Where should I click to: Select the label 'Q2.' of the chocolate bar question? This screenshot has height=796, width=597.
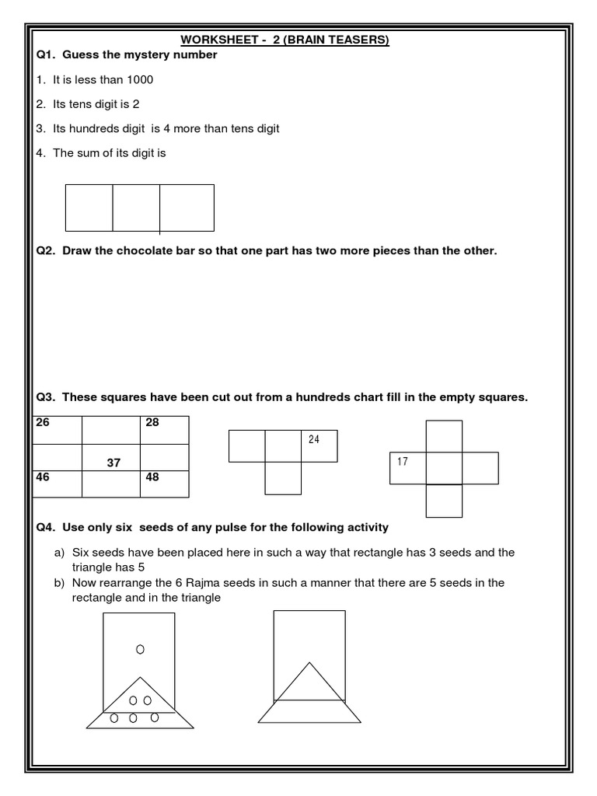pyautogui.click(x=47, y=251)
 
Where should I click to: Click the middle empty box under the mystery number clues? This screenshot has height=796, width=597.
pyautogui.click(x=136, y=208)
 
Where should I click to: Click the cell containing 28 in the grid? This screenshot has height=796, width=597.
pyautogui.click(x=163, y=430)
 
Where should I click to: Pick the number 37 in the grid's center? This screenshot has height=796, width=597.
pyautogui.click(x=113, y=463)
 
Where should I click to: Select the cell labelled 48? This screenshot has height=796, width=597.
pyautogui.click(x=163, y=484)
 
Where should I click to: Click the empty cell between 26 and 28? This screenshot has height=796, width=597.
pyautogui.click(x=111, y=430)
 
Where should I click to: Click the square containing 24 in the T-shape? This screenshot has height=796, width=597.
pyautogui.click(x=319, y=446)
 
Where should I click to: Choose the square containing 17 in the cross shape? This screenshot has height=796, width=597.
pyautogui.click(x=408, y=468)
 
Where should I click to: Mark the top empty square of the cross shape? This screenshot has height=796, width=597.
pyautogui.click(x=444, y=435)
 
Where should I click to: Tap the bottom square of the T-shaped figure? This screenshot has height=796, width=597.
pyautogui.click(x=283, y=478)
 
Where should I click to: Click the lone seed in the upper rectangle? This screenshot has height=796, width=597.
pyautogui.click(x=140, y=648)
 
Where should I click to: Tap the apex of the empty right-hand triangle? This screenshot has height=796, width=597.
pyautogui.click(x=309, y=662)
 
